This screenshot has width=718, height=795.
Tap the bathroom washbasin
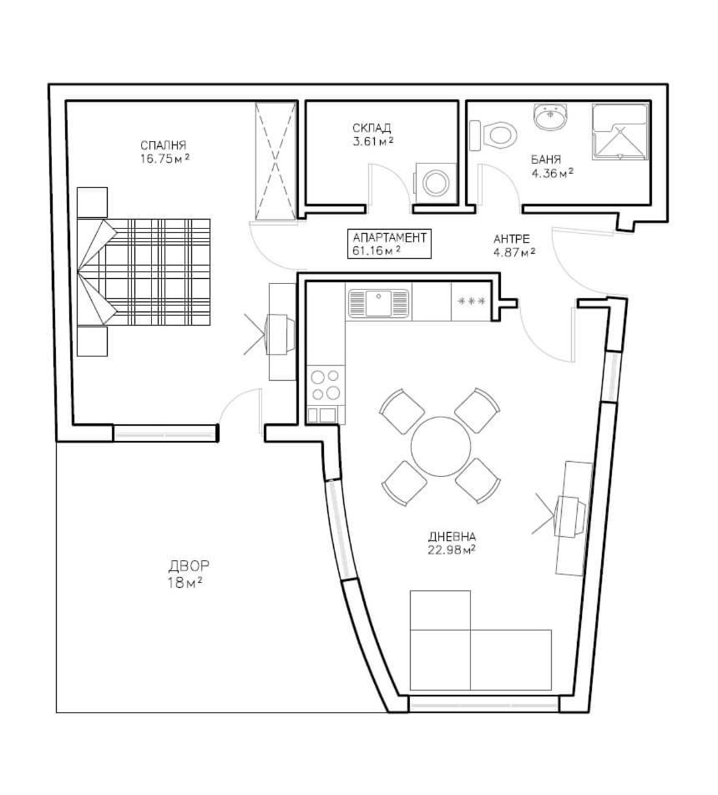point(549,116)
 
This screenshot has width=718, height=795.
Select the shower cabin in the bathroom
point(620,132)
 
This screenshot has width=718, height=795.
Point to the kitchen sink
point(378,303)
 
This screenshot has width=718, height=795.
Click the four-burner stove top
point(326,384)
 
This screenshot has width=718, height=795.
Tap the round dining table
point(441,446)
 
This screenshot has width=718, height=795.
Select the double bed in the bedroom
point(144,271)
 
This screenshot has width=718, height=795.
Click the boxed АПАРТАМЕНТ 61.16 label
point(389,244)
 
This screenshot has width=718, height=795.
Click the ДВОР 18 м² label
point(188,574)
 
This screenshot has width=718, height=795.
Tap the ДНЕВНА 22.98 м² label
point(452,543)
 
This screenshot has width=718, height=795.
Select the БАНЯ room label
point(546,160)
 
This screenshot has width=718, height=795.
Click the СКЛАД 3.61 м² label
point(372,134)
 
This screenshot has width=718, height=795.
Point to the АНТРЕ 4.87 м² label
point(514,246)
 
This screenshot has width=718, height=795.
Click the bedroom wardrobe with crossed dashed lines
point(275,160)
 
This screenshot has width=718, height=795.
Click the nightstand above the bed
point(93,202)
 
